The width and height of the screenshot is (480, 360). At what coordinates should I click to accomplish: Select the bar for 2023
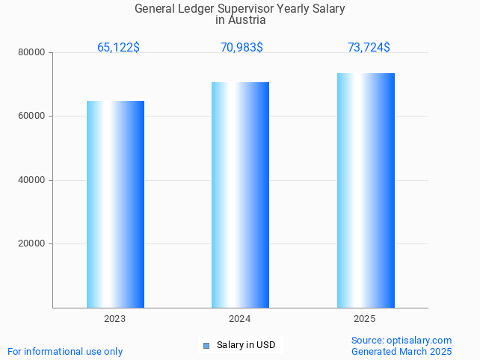click(x=115, y=204)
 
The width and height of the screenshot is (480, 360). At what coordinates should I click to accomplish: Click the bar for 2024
click(x=240, y=195)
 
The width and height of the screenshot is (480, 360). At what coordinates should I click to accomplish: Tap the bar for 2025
click(x=366, y=190)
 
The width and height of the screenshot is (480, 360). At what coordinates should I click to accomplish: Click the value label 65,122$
click(x=118, y=48)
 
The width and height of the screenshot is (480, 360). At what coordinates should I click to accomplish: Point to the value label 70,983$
click(x=241, y=48)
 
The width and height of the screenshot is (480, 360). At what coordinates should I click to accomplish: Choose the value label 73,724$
click(x=369, y=48)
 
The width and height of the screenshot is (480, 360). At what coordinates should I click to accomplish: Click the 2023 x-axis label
click(x=115, y=319)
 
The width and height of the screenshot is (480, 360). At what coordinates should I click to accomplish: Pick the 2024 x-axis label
click(x=240, y=319)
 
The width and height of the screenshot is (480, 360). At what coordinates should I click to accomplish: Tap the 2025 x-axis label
click(x=365, y=319)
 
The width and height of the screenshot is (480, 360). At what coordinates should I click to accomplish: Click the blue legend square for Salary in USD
click(x=207, y=345)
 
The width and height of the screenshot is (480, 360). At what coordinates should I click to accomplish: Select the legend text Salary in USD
click(x=246, y=345)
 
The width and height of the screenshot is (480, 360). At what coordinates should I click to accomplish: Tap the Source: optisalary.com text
click(x=401, y=340)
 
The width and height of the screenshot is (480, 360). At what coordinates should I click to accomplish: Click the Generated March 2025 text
click(x=401, y=351)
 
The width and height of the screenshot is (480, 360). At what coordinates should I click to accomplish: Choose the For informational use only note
click(x=65, y=351)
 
